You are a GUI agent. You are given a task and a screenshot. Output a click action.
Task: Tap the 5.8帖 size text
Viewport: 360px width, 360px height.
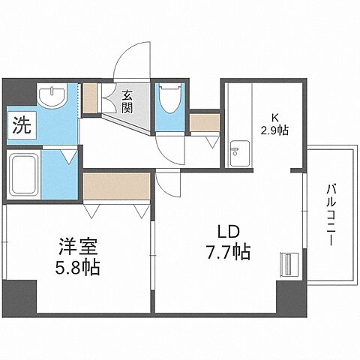pos(77,266)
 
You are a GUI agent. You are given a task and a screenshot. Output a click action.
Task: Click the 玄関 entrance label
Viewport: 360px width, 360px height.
pos(128,100)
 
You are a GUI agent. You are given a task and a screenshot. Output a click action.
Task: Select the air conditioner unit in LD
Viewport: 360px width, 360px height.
pos(286,264)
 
